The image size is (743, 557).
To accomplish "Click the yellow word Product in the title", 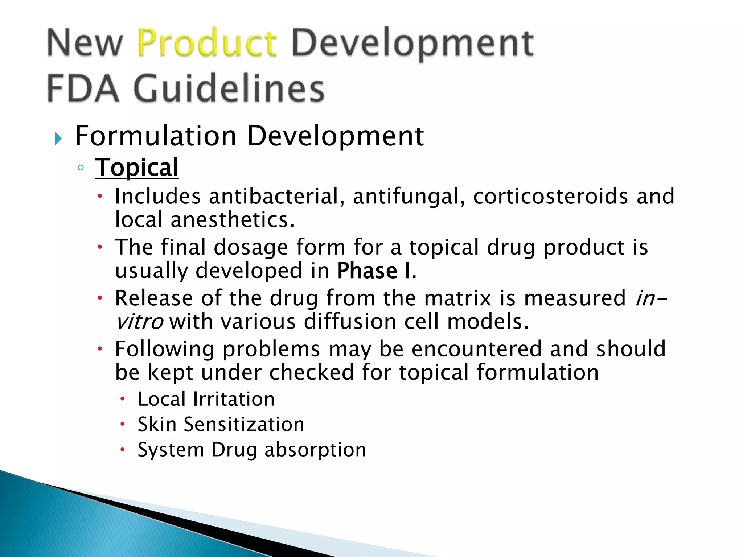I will click(x=207, y=44).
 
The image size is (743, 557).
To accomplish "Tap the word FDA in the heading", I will click(x=83, y=88).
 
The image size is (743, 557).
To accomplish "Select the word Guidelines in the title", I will click(x=229, y=88).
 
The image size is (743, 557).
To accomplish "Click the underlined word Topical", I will click(x=137, y=168).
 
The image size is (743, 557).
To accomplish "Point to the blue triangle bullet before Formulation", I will click(x=58, y=138).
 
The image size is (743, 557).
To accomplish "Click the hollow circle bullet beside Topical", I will click(x=81, y=168).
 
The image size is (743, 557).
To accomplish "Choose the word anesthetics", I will click(x=233, y=220).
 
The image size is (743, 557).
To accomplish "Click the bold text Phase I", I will click(x=377, y=271).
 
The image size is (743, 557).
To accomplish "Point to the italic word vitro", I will click(x=139, y=322).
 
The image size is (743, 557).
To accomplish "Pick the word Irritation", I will click(x=234, y=399).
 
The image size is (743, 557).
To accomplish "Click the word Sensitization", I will click(x=244, y=424).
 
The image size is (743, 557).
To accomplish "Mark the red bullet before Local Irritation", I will click(x=123, y=399).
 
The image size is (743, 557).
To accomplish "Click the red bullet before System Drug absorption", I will click(x=123, y=450).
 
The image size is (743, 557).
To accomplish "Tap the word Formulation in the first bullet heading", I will click(x=156, y=136).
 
